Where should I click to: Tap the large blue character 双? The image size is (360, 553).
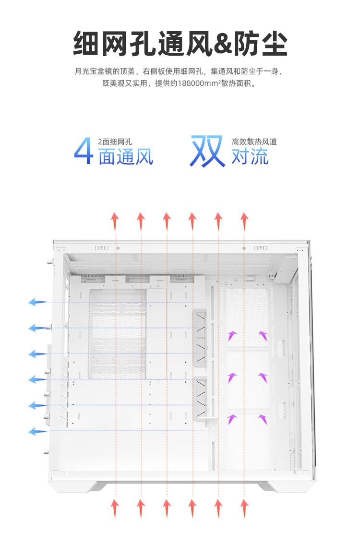coord(208,151)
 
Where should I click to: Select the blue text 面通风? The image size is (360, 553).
coord(126,157)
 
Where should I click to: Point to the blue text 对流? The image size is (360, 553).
coord(250,157)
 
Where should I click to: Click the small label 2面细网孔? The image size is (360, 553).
coord(115,142)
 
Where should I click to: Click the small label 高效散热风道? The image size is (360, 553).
coord(254,142)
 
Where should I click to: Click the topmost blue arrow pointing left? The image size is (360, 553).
coord(37,302)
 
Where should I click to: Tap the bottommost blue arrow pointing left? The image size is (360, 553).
coord(37,431)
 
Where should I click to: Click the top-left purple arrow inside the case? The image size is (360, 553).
coord(232,335)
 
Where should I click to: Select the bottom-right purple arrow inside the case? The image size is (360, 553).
coord(263,420)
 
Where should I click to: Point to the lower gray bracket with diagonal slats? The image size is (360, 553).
coord(201,398)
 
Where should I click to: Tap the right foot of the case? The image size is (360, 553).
coord(268,487)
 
